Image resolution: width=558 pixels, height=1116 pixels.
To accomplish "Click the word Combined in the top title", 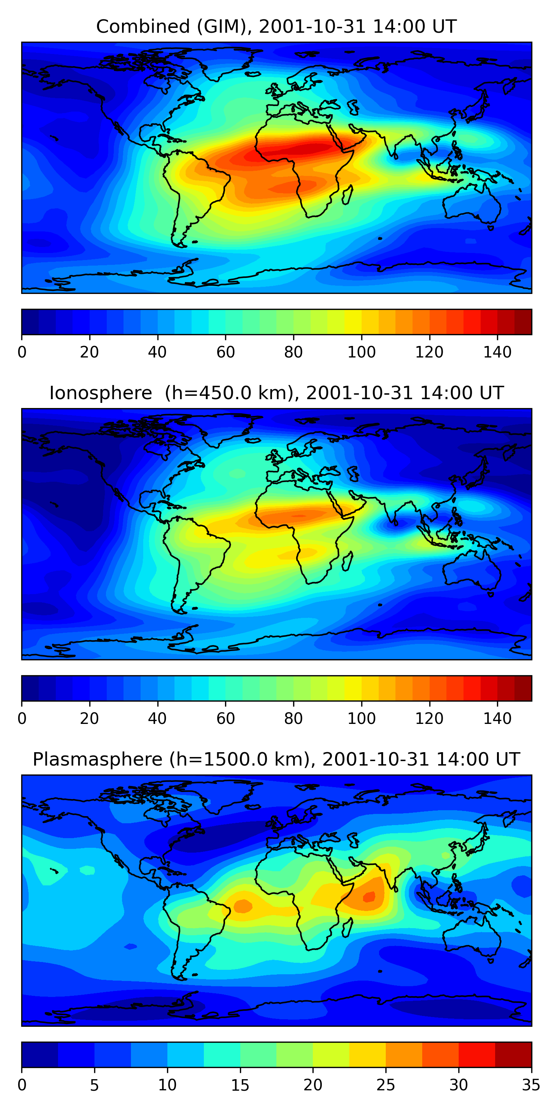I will coord(142,27).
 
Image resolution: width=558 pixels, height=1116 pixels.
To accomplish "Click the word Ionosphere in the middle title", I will coord(100,393).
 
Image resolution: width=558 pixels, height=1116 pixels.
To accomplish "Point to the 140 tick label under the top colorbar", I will coord(497,352).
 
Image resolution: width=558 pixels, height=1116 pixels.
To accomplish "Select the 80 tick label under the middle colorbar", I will coord(293,719).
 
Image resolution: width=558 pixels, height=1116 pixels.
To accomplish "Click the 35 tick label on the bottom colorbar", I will coord(531,1085).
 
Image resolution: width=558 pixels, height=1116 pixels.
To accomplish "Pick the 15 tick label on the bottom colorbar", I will coord(240,1085).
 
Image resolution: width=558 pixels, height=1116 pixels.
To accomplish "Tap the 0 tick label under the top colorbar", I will coord(22,352).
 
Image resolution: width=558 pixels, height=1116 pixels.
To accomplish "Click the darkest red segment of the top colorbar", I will coord(523,322).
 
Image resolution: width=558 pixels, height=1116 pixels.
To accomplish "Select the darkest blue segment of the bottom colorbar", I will coord(40,1055).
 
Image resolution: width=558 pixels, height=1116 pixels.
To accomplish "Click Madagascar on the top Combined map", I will coord(347,195).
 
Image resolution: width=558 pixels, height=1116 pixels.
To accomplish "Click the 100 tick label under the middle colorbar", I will coord(361,719).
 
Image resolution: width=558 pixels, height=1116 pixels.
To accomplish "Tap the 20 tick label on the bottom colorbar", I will coord(313,1085).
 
